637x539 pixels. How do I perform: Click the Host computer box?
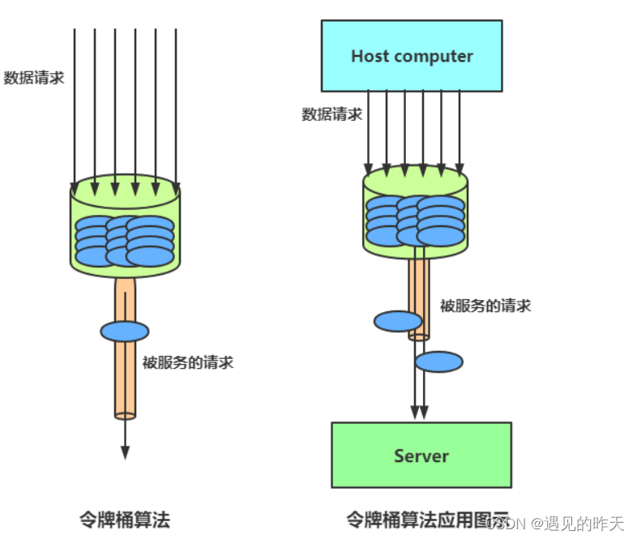[x=412, y=56]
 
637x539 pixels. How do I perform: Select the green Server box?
[x=421, y=455]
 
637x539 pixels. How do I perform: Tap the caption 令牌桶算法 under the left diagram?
[x=125, y=520]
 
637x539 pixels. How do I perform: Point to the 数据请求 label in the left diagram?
[x=34, y=78]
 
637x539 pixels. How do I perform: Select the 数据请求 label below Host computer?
[x=332, y=114]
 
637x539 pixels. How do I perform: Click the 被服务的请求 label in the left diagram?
[x=188, y=362]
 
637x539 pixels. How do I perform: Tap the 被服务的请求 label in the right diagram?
[x=485, y=306]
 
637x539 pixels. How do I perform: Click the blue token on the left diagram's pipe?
[x=125, y=331]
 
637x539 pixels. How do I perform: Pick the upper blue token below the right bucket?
[x=398, y=321]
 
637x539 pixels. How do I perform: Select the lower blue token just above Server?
[x=439, y=361]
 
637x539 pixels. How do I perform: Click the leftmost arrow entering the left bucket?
[x=75, y=105]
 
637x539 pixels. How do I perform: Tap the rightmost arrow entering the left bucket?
[x=176, y=105]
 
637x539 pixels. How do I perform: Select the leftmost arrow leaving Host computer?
[x=368, y=130]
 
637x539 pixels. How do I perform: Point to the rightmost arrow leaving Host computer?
[x=460, y=130]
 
